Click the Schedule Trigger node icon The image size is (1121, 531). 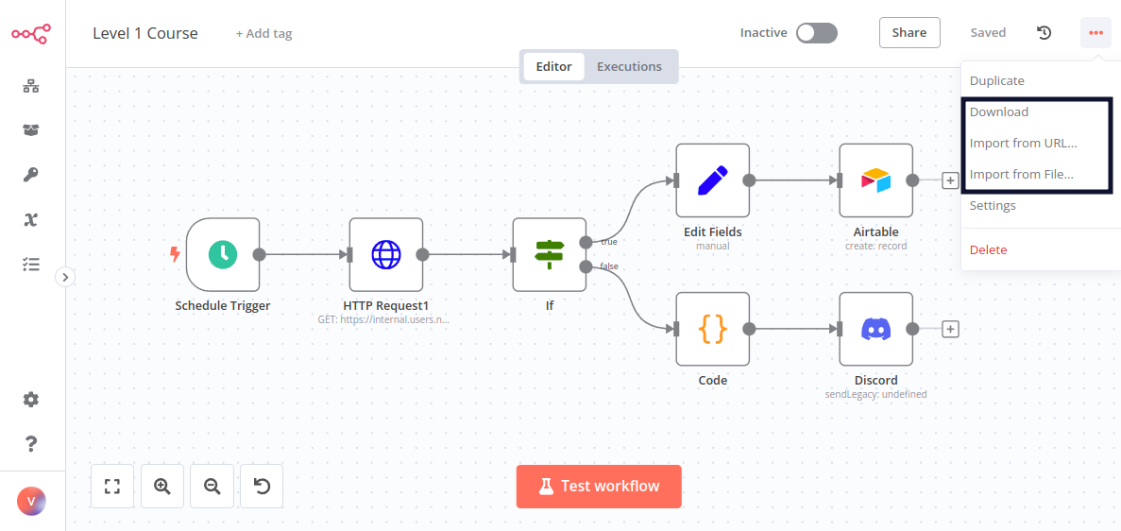pos(223,254)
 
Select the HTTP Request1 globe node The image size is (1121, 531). pos(385,254)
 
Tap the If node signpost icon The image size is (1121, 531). pos(549,254)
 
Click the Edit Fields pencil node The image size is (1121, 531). pos(712,180)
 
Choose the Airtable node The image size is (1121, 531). pos(875,180)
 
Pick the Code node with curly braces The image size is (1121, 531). pos(712,329)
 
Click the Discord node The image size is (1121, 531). pos(875,329)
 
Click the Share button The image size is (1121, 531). pos(909,32)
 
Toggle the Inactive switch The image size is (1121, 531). pos(816,33)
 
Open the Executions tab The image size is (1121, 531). pos(629,66)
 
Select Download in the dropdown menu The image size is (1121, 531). pos(999,111)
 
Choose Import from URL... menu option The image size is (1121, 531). pos(1023,143)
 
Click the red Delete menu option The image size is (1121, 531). pos(988,249)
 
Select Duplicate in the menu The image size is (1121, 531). pos(996,80)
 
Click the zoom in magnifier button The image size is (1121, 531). pos(162,487)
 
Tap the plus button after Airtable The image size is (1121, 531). pos(950,180)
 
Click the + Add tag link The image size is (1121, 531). pos(263,33)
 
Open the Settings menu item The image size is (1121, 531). pos(993,205)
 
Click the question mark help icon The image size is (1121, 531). pos(31,443)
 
